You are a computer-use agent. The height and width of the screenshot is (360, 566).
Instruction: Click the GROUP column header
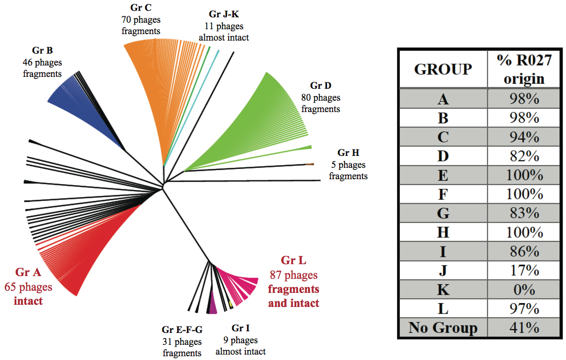click(x=443, y=69)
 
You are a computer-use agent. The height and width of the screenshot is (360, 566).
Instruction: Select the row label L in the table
click(x=443, y=309)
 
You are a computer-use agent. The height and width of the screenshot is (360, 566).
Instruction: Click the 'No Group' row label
click(x=443, y=328)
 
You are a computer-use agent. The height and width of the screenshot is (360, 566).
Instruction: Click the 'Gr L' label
click(x=294, y=261)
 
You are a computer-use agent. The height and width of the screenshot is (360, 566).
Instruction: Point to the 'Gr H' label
click(x=348, y=153)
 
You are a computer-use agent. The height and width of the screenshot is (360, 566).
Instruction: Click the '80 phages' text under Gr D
click(x=321, y=97)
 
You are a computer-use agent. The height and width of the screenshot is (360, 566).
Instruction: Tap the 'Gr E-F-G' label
click(x=182, y=330)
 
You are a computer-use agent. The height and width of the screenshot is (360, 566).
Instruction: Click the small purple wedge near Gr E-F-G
click(x=212, y=306)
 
